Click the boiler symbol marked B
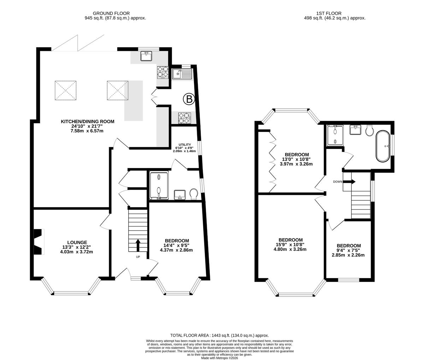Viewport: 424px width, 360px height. click(189, 99)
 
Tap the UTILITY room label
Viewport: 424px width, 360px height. click(184, 144)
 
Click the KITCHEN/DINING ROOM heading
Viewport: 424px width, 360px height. click(88, 121)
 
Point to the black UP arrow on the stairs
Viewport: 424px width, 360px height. click(138, 245)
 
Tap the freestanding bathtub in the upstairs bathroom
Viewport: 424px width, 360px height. click(383, 146)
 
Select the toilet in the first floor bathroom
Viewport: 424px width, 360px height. click(370, 130)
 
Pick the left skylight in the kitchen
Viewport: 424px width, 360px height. click(66, 90)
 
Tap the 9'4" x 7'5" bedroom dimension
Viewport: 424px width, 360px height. click(348, 250)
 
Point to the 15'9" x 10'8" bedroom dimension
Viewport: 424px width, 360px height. click(290, 245)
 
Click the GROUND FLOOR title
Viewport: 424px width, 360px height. click(111, 13)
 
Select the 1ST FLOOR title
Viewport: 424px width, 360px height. click(329, 13)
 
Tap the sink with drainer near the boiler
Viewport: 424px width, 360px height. click(182, 74)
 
